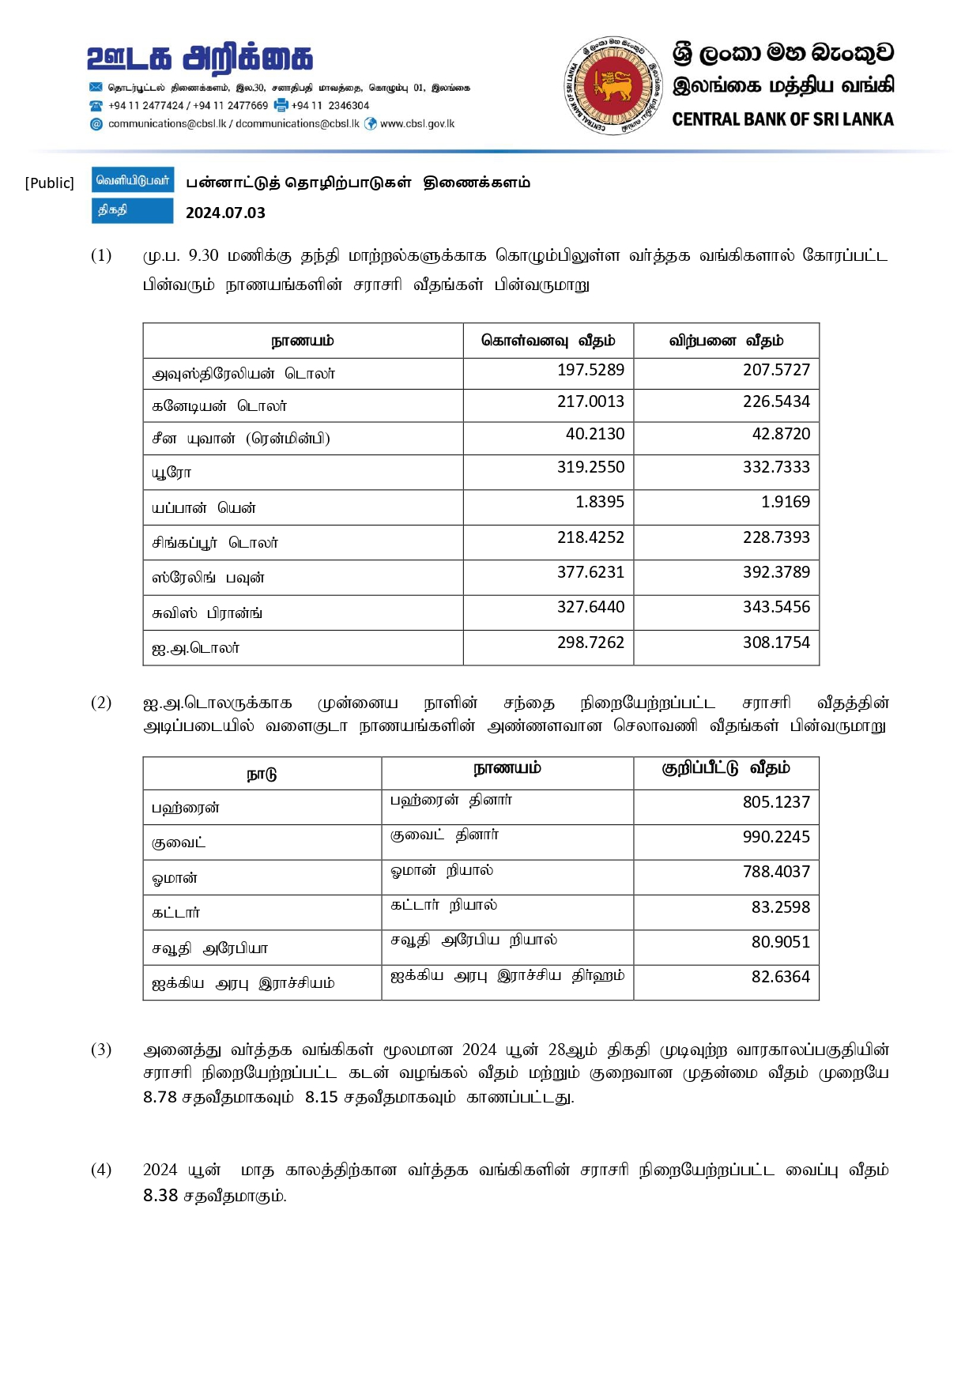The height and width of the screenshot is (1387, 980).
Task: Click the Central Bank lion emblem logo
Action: pos(613,85)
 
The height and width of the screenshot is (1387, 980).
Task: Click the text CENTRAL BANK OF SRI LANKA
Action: pos(782,119)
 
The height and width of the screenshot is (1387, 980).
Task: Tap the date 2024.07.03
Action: pos(225,213)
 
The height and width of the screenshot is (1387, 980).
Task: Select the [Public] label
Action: pos(50,183)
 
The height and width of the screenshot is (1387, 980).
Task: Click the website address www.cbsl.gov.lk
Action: pos(417,124)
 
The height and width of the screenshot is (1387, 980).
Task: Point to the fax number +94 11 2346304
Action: pos(330,106)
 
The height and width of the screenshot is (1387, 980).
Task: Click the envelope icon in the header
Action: pos(96,88)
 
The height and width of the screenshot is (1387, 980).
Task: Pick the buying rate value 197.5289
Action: pos(590,370)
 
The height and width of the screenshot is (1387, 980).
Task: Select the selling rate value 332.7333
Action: pos(776,467)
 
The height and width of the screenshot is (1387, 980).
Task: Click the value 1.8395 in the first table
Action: pos(600,502)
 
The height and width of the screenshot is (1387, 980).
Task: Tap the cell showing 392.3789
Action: pos(776,572)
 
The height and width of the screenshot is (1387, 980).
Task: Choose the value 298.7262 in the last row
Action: pos(590,643)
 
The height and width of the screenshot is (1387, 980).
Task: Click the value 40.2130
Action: pos(595,434)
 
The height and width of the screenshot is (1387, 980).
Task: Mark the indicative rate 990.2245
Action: pos(776,837)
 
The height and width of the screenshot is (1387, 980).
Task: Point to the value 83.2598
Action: pos(781,907)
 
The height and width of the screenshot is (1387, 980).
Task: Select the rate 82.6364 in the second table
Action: pos(781,977)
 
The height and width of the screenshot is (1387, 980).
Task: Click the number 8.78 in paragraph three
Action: pos(160,1097)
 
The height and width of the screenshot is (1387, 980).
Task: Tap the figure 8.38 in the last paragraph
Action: pos(160,1196)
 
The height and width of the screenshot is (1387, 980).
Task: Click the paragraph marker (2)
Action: pos(101,703)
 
